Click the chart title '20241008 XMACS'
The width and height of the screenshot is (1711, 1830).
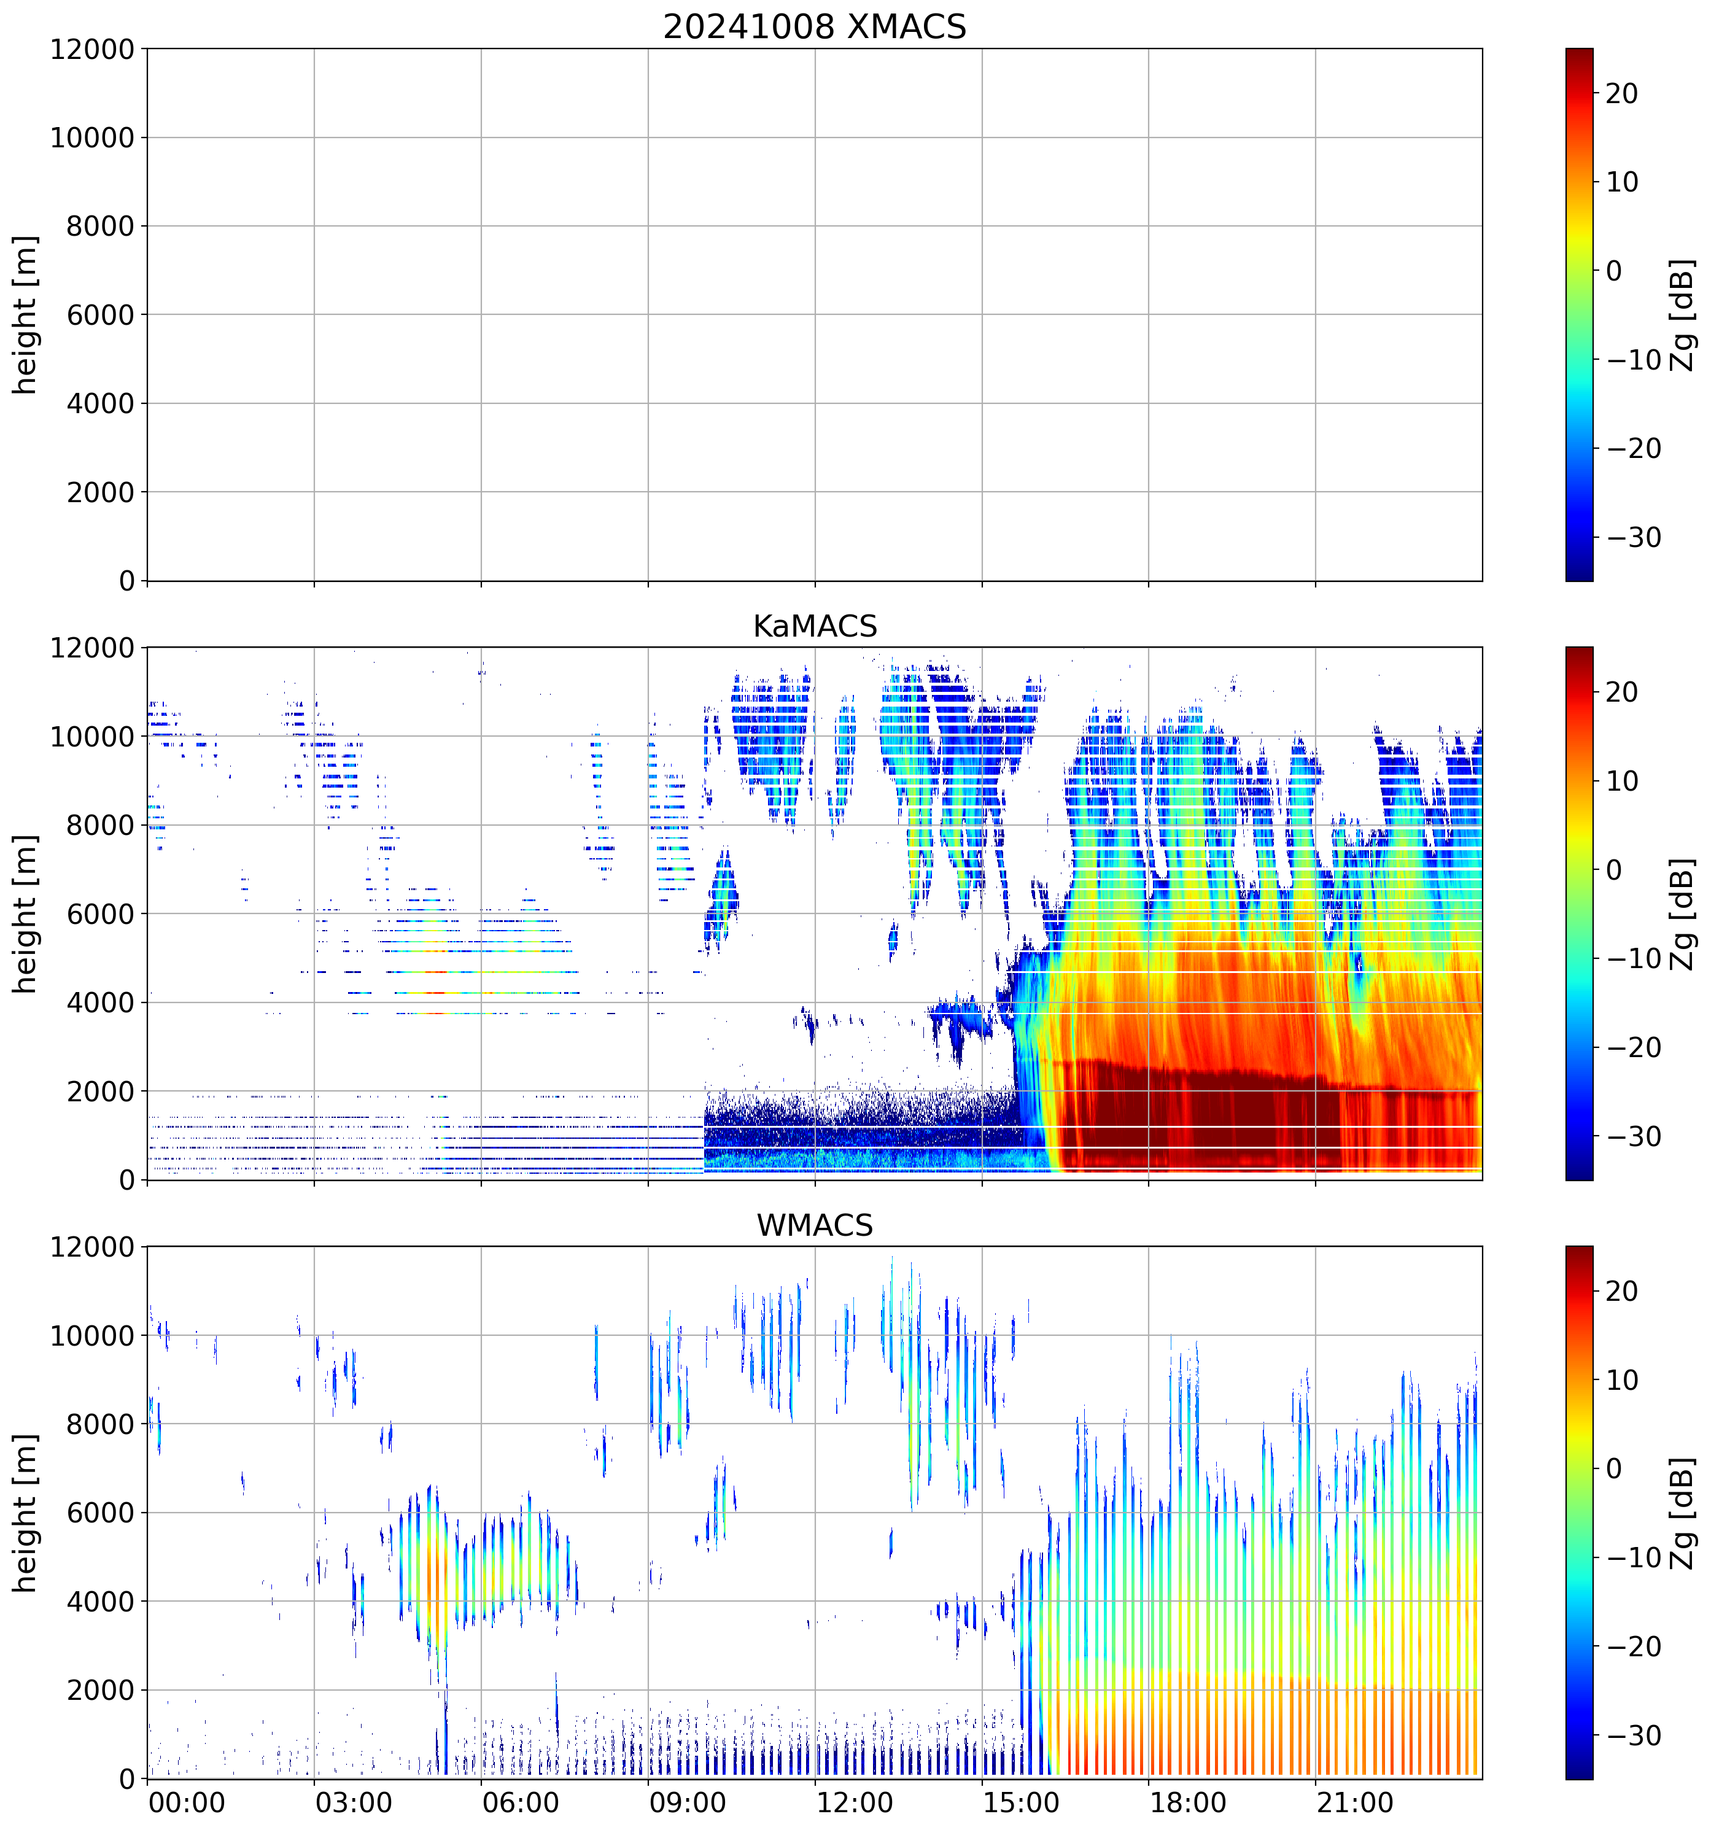coord(815,26)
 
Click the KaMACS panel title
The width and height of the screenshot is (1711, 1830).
coord(815,626)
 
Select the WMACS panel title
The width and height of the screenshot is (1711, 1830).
coord(815,1225)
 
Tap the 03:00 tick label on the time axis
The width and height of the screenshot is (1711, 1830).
coord(354,1802)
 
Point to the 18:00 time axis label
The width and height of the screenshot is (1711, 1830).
coord(1187,1802)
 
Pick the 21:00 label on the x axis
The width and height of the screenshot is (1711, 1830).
coord(1354,1802)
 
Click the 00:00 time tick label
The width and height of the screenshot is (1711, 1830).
coord(187,1802)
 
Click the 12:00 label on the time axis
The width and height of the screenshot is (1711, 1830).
coord(854,1802)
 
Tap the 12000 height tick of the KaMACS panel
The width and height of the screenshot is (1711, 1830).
coord(92,648)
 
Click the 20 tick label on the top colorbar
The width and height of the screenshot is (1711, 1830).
coord(1622,94)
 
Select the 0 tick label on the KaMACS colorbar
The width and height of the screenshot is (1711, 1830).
coord(1613,870)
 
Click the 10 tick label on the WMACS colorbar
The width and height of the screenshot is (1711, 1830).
coord(1622,1381)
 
